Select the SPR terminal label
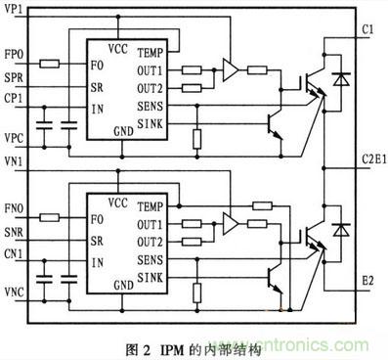(15, 77)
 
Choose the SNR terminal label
(15, 230)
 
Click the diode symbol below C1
(340, 77)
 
